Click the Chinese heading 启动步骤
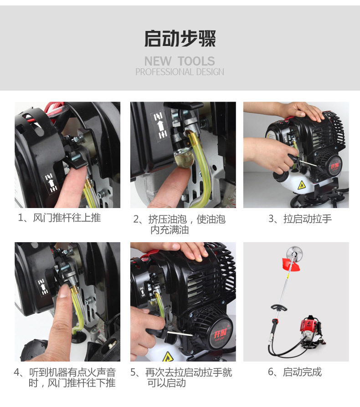pos(180,38)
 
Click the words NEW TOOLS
pos(180,61)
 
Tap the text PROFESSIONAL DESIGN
pos(180,72)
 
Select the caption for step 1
pos(59,218)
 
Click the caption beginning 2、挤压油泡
pos(179,224)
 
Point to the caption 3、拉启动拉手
pos(300,219)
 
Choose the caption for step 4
pos(65,377)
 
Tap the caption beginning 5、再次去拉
pos(181,377)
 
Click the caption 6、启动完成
pos(295,372)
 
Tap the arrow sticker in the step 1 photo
pos(51,183)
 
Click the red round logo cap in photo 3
pos(335,166)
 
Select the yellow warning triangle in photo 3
pos(301,185)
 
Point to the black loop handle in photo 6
pos(279,308)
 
